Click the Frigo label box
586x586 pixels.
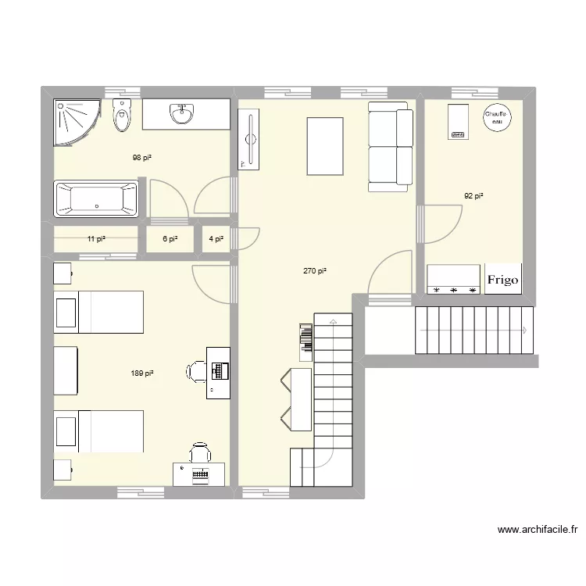coord(502,280)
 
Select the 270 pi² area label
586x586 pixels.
coord(315,271)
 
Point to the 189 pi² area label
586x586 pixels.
coord(142,374)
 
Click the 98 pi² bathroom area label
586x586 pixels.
coord(141,158)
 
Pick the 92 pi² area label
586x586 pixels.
coord(473,197)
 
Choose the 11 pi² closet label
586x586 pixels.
coord(96,240)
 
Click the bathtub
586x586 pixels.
coord(95,199)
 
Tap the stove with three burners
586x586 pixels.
coord(453,280)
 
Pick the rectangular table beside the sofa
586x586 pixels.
coord(325,146)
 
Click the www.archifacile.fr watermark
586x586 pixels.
coord(538,531)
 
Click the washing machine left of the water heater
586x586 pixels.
coord(457,122)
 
